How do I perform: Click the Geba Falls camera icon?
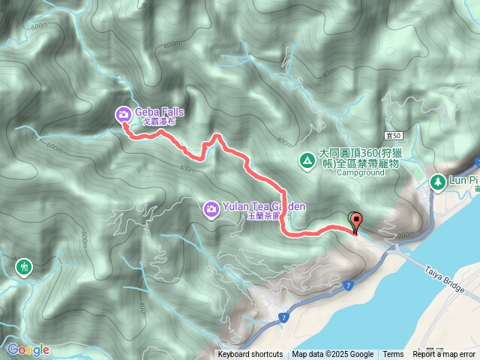coord(122,114)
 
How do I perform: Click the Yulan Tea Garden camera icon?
coord(211,208)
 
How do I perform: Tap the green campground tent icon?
coord(307,160)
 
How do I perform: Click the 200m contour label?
coord(405,235)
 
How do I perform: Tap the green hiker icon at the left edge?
coord(25,266)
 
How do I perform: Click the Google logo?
coord(28,349)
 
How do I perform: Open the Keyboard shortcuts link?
coord(250,355)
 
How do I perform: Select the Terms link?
coord(393,355)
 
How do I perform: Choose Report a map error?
coord(445,355)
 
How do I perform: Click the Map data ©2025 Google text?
coord(333,355)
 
